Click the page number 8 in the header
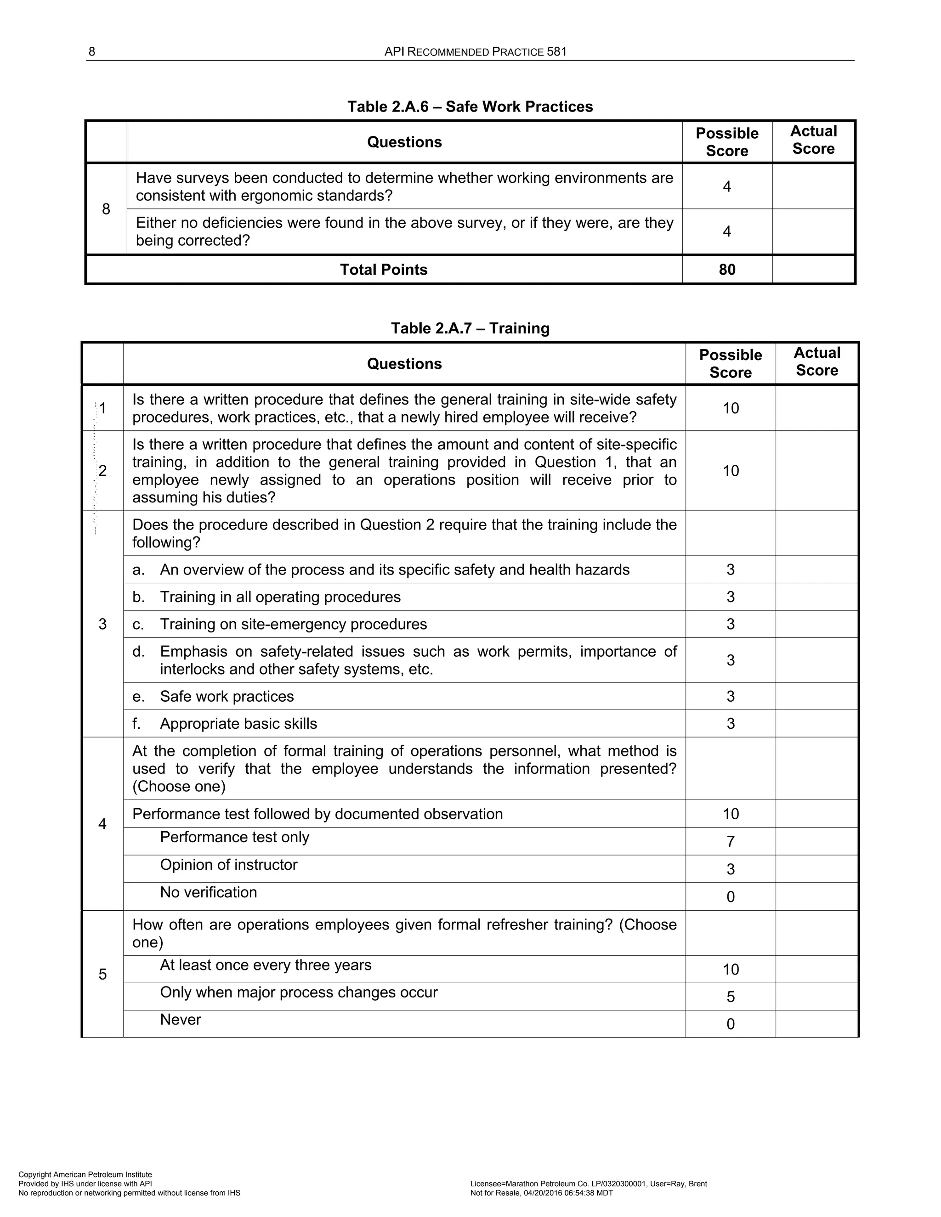click(x=92, y=52)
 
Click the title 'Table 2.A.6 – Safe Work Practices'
click(x=470, y=107)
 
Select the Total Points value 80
click(x=727, y=270)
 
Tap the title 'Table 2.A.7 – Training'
click(x=470, y=328)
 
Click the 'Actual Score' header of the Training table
click(x=816, y=361)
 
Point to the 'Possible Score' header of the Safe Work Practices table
click(x=727, y=142)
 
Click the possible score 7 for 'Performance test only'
click(x=730, y=841)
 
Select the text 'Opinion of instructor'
click(x=228, y=865)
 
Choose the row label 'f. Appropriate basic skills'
click(x=225, y=724)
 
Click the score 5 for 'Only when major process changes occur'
click(x=730, y=997)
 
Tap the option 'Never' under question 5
click(x=180, y=1020)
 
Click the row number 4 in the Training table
click(x=102, y=824)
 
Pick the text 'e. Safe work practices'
click(x=213, y=697)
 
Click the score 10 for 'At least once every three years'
click(x=730, y=969)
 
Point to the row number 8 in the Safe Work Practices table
click(x=106, y=209)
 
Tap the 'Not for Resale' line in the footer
click(x=541, y=1193)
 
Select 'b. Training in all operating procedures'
click(x=266, y=597)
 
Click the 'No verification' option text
click(x=209, y=892)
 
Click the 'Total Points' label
click(x=384, y=270)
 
